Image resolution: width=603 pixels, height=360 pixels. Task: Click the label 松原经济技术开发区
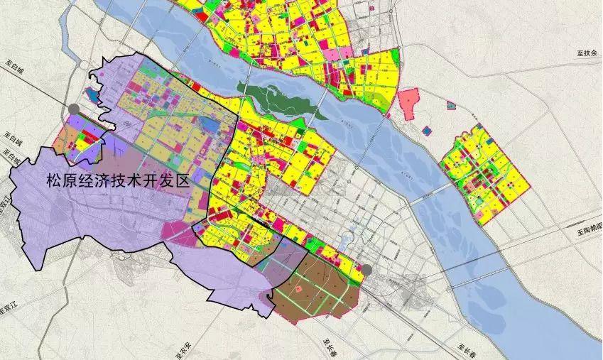117,180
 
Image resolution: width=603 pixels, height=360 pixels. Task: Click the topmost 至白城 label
12,65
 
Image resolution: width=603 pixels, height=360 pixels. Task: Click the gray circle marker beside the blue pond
74,109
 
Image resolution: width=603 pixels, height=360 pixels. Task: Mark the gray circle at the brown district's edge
367,270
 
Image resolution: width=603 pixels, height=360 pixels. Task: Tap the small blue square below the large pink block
425,131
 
